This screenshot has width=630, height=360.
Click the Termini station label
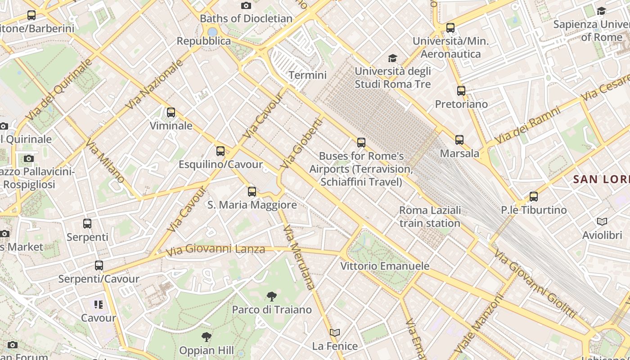coord(308,75)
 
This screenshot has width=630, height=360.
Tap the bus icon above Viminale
coord(171,112)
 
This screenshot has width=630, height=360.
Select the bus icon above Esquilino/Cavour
coord(220,151)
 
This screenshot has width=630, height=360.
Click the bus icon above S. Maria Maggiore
coord(252,192)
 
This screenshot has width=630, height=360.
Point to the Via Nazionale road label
coord(155,84)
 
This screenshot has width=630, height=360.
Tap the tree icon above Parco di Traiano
coord(271,296)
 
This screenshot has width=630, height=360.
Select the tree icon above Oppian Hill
coord(207,337)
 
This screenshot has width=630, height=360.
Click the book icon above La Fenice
coord(335,333)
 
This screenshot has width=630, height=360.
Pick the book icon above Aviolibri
coord(602,221)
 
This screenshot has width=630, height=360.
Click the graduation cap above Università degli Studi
coord(393,58)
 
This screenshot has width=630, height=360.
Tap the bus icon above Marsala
coord(459,140)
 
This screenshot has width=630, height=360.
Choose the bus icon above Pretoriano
coord(461,91)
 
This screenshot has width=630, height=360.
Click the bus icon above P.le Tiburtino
coord(534,197)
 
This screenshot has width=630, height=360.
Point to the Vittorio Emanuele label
coord(385,266)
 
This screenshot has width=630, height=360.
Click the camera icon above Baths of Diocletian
coord(246,5)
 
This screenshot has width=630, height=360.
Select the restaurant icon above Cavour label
coord(99,305)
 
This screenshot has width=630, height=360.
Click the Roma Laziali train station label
coord(430,216)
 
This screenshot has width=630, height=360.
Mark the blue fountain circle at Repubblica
coord(212,32)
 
